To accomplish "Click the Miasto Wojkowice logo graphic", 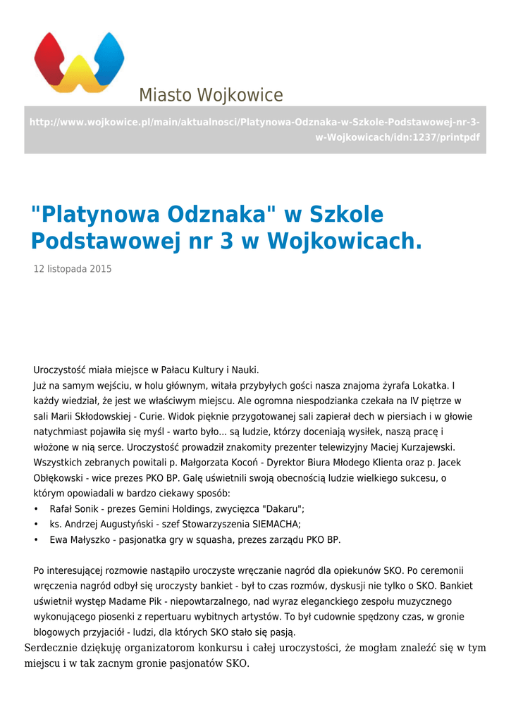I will pyautogui.click(x=79, y=62).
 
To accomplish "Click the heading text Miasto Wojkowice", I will pyautogui.click(x=210, y=95).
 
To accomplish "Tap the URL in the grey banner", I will pyautogui.click(x=254, y=130).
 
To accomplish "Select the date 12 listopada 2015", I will pyautogui.click(x=73, y=269).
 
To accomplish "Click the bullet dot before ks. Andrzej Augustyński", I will pyautogui.click(x=36, y=525).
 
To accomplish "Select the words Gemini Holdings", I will pyautogui.click(x=173, y=509).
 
